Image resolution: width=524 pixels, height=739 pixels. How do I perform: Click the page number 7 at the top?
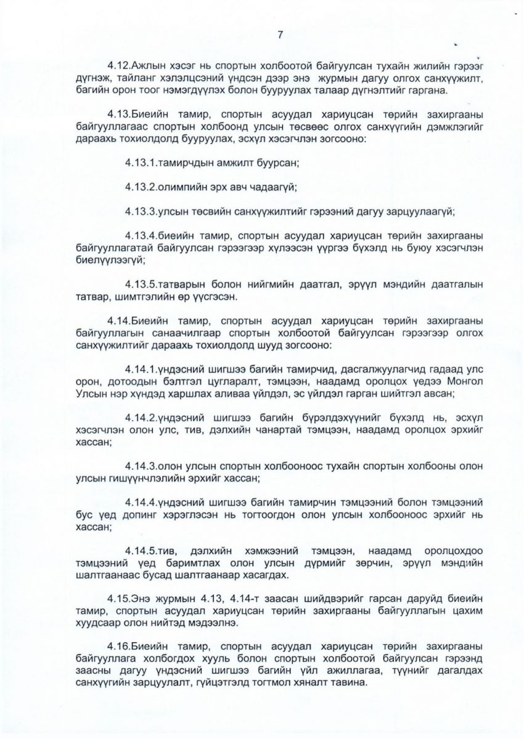click(x=280, y=35)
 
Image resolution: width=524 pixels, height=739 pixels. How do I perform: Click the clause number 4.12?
click(x=118, y=65)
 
